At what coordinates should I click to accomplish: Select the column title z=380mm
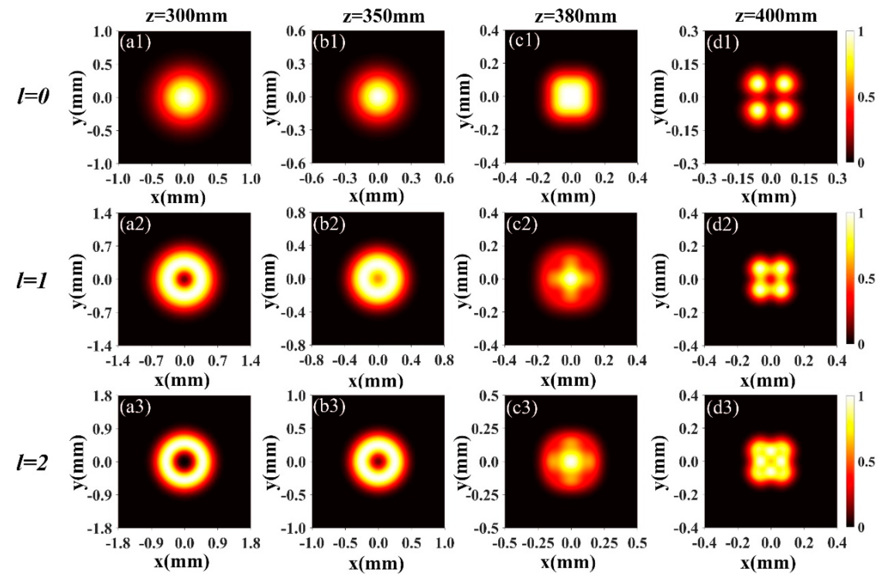pos(575,16)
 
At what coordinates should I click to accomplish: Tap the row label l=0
pos(33,97)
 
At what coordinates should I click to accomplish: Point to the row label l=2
pos(33,463)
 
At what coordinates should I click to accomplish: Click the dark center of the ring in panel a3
pos(185,461)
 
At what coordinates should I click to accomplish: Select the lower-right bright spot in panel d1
pos(784,110)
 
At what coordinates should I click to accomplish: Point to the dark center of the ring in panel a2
pos(185,279)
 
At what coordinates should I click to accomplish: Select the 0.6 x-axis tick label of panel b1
pos(443,179)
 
